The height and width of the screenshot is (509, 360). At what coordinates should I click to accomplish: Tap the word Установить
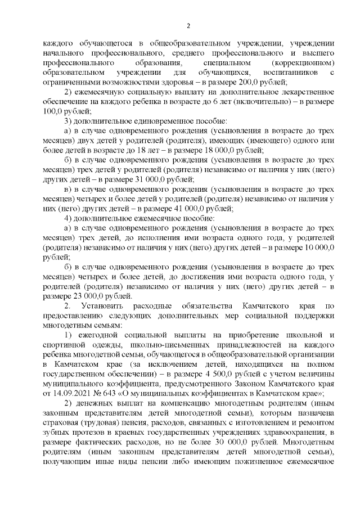pos(103,305)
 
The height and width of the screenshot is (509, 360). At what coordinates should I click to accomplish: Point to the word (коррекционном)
pos(304,62)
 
